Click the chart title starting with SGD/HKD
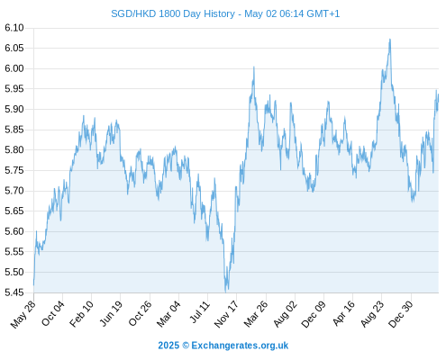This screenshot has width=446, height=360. pyautogui.click(x=225, y=13)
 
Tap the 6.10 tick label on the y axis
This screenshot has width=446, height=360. pyautogui.click(x=14, y=28)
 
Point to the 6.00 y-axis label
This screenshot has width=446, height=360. pyautogui.click(x=14, y=68)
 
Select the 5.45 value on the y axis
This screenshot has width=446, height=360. pyautogui.click(x=14, y=292)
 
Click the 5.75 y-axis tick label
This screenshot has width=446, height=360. pyautogui.click(x=14, y=170)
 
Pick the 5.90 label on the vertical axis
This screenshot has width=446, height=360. pyautogui.click(x=14, y=109)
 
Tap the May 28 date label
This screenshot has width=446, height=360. pyautogui.click(x=23, y=314)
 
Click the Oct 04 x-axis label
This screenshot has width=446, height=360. pyautogui.click(x=52, y=313)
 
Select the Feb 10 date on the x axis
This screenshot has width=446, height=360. pyautogui.click(x=81, y=314)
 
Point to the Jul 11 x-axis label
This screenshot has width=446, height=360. pyautogui.click(x=200, y=312)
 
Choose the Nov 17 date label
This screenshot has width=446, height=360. pyautogui.click(x=226, y=314)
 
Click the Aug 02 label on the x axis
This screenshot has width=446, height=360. pyautogui.click(x=286, y=314)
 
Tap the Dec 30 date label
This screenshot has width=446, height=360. pyautogui.click(x=401, y=314)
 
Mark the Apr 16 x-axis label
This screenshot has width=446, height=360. pyautogui.click(x=343, y=313)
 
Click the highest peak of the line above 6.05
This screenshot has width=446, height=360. pyautogui.click(x=390, y=39)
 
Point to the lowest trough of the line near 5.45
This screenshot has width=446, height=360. pyautogui.click(x=225, y=291)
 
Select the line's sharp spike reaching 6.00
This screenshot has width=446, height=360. pyautogui.click(x=254, y=67)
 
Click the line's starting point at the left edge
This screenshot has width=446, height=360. pyautogui.click(x=33, y=284)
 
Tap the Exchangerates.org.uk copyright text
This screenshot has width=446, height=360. pyautogui.click(x=240, y=346)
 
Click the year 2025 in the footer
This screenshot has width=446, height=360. pyautogui.click(x=168, y=346)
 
